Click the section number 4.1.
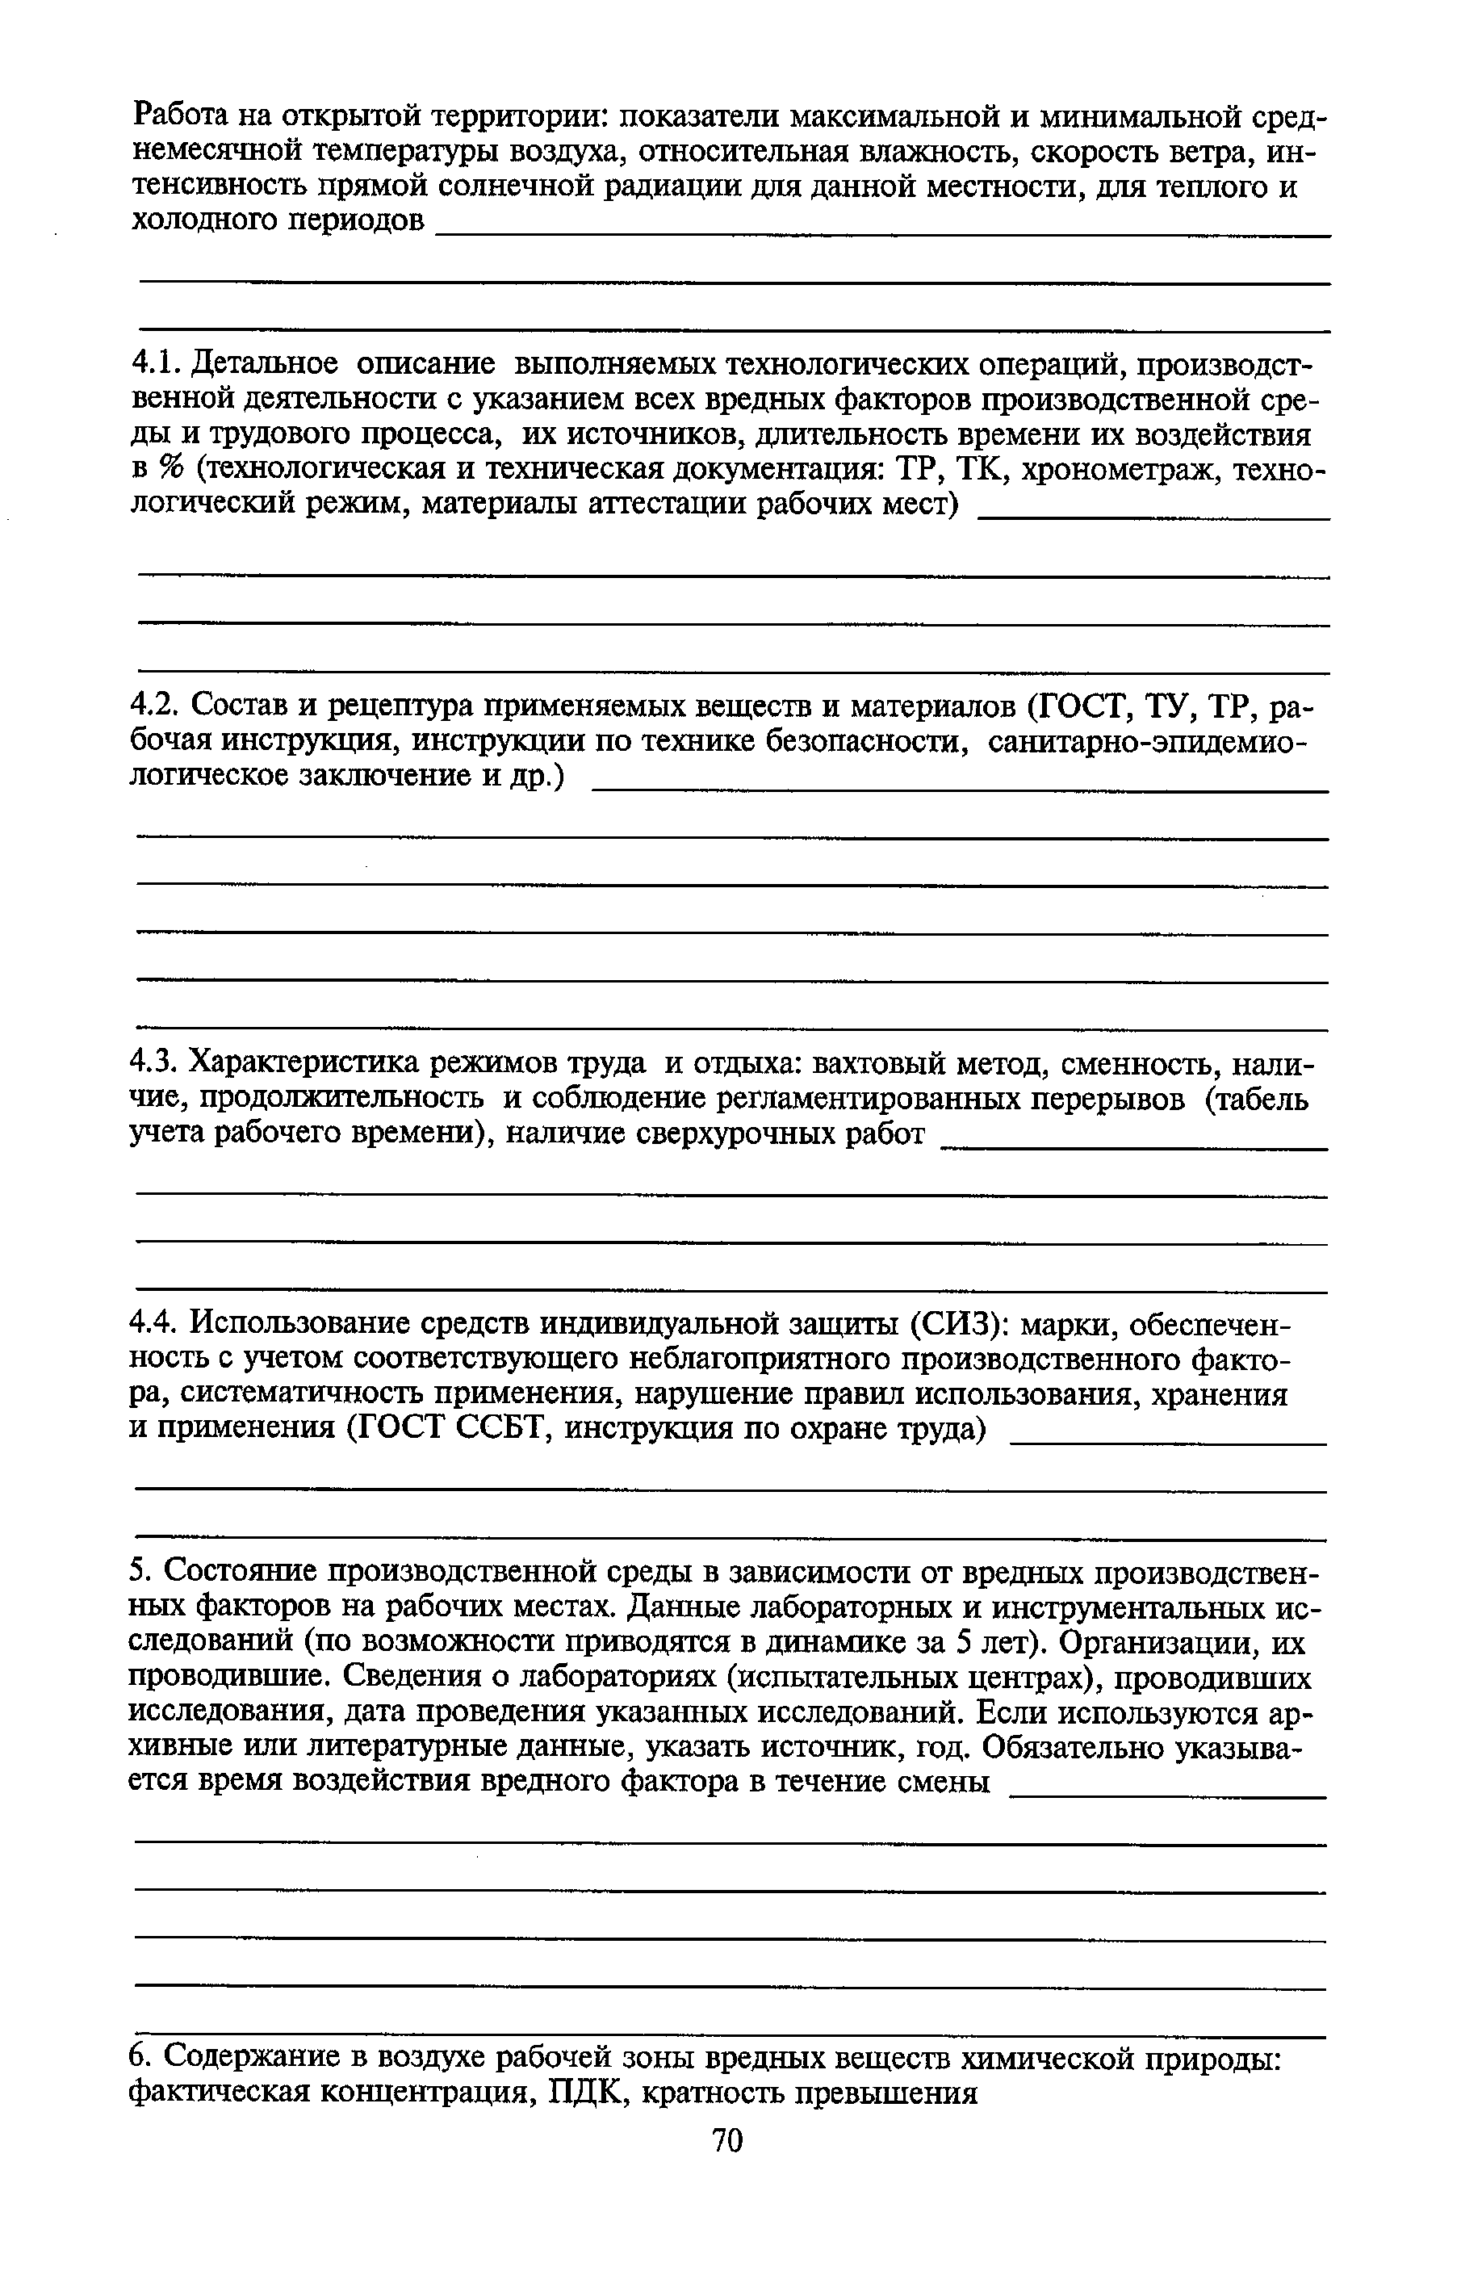pos(154,363)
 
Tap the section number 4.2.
pos(154,706)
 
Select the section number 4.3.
pos(154,1062)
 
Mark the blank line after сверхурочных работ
pos(1132,1149)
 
